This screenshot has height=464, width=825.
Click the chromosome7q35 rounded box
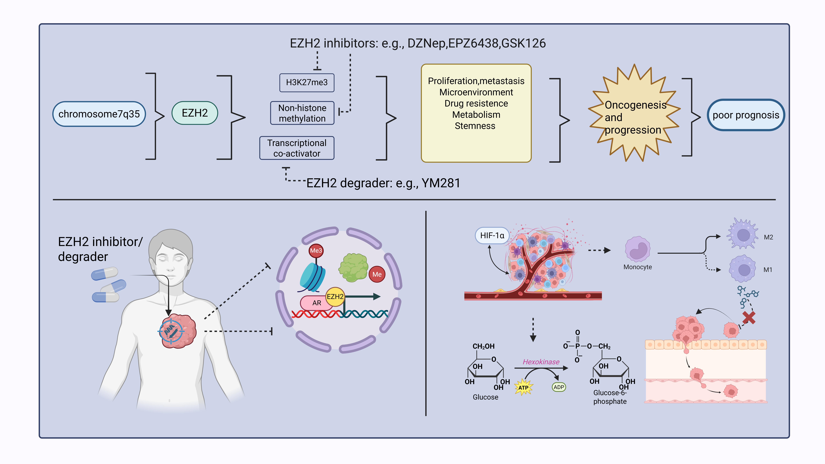(x=99, y=114)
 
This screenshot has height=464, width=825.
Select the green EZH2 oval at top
(x=195, y=113)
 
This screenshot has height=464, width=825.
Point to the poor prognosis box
(x=746, y=115)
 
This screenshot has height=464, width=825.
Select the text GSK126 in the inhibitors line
(x=524, y=43)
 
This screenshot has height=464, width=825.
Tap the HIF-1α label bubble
(x=492, y=236)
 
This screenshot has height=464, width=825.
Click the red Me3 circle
(x=316, y=250)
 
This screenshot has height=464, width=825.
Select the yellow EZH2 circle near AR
(x=335, y=297)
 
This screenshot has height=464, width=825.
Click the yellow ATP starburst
(x=523, y=388)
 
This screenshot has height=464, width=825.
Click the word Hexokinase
(x=541, y=362)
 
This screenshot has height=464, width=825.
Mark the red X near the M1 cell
(x=749, y=318)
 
